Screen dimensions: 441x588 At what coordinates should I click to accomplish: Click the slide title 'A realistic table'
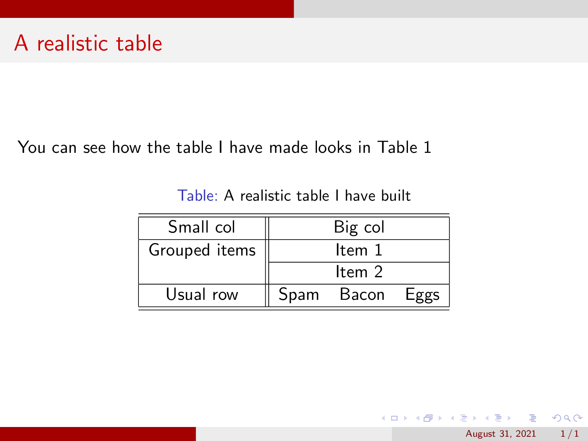coord(88,43)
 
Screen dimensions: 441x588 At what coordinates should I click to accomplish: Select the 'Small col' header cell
coord(201,227)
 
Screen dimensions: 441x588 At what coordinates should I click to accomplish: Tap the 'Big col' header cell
coord(359,227)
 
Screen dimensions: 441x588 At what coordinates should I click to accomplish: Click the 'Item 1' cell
coord(359,250)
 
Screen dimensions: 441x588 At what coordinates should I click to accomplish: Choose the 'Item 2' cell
coord(359,272)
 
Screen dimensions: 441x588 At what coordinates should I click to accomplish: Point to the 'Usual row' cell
coord(202,295)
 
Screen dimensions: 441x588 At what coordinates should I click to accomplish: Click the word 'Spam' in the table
coord(299,295)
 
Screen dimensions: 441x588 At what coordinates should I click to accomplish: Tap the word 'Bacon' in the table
coord(362,295)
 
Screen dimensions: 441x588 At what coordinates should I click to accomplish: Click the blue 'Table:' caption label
coord(197,196)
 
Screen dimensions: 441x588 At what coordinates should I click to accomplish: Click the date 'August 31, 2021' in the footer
coord(500,434)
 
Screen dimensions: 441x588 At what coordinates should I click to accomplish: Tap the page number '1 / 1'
coord(569,434)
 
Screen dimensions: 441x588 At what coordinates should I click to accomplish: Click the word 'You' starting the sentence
coord(31,148)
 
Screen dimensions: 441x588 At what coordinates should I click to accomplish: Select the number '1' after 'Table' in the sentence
coord(427,148)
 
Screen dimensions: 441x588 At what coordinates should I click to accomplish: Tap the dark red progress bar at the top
coord(147,9)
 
